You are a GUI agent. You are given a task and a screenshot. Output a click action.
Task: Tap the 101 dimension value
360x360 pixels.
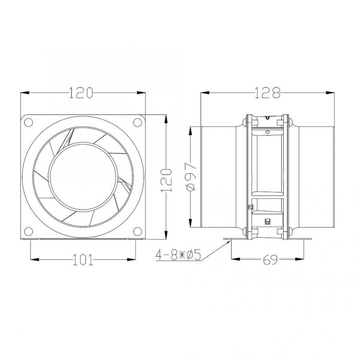pos(83,260)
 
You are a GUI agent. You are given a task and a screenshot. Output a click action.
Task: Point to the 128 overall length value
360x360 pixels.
pos(268,93)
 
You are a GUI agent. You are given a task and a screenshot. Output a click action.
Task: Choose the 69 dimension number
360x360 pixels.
pos(271,260)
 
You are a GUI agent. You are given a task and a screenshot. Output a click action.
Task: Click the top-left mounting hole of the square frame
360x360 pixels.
pos(29,122)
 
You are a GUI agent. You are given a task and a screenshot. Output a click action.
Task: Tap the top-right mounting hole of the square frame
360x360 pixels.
pos(137,122)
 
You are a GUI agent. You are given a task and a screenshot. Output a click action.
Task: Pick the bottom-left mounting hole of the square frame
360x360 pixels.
pos(29,231)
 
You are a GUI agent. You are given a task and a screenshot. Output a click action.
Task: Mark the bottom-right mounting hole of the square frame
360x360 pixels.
pos(137,231)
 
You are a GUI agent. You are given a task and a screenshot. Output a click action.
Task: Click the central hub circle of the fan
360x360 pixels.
pos(83,176)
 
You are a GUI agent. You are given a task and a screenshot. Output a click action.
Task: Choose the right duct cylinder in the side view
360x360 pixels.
pos(314,176)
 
